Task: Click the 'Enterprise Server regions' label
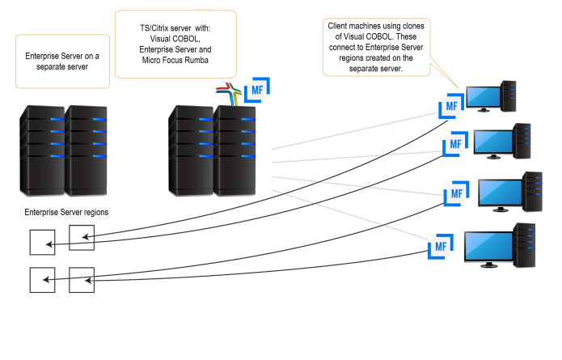pos(67,212)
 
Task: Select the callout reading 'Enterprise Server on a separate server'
pos(61,61)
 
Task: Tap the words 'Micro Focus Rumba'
pos(175,61)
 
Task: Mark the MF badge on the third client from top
pos(457,194)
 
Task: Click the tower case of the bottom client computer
pos(525,245)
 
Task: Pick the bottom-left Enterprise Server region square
pos(42,280)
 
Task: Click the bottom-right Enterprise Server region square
pos(82,279)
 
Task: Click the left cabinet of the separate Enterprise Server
pos(40,150)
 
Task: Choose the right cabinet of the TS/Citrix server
pos(235,150)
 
